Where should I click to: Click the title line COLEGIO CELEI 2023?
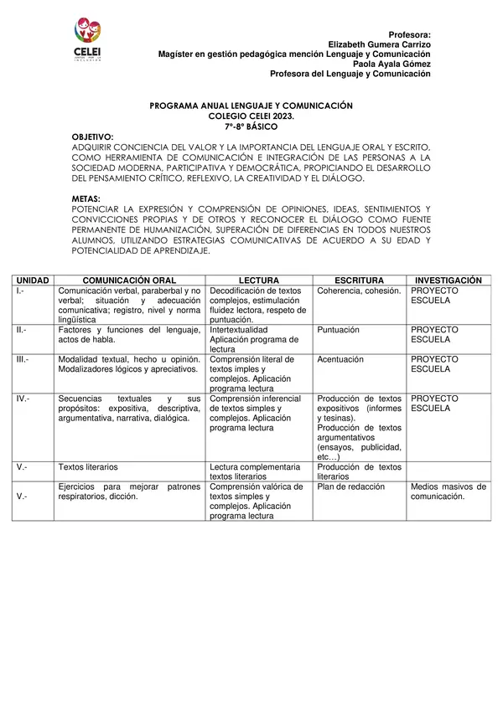pyautogui.click(x=251, y=116)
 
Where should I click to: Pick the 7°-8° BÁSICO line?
pyautogui.click(x=251, y=126)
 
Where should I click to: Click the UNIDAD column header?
pyautogui.click(x=34, y=280)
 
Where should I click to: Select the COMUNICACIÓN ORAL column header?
pyautogui.click(x=129, y=280)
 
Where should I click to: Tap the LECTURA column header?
pyautogui.click(x=259, y=280)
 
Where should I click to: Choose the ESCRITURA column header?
pyautogui.click(x=359, y=280)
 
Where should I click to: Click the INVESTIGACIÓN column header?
pyautogui.click(x=448, y=280)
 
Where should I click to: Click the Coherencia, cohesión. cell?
pyautogui.click(x=359, y=291)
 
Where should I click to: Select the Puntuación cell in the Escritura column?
pyautogui.click(x=339, y=330)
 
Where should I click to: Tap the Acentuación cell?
pyautogui.click(x=340, y=359)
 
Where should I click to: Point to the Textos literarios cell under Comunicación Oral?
pyautogui.click(x=88, y=466)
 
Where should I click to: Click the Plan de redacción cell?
pyautogui.click(x=351, y=486)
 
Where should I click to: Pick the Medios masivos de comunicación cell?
pyautogui.click(x=448, y=491)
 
